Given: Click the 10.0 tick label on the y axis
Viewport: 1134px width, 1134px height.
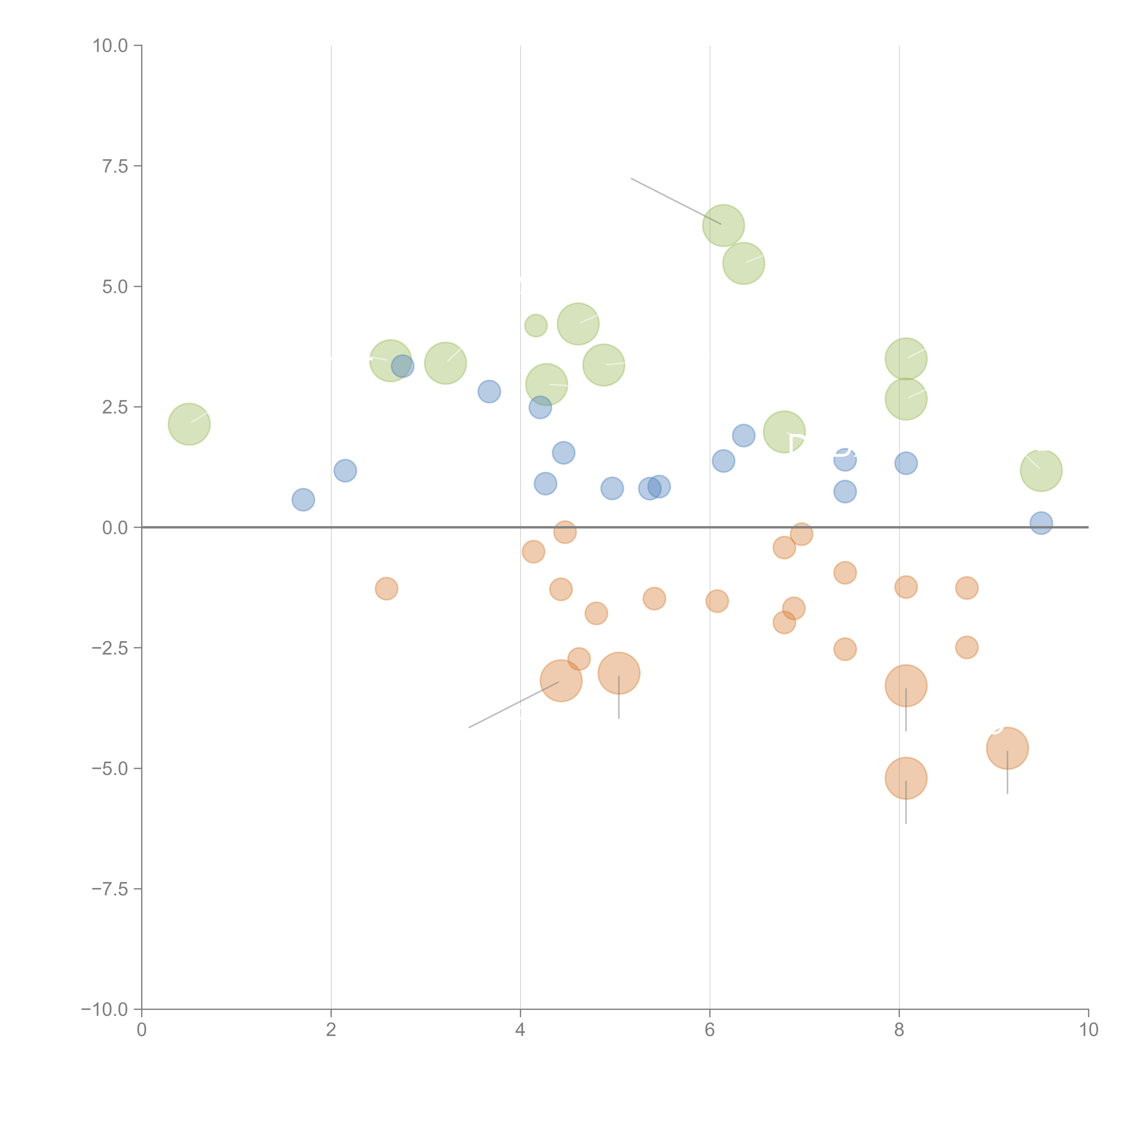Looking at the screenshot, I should pyautogui.click(x=110, y=46).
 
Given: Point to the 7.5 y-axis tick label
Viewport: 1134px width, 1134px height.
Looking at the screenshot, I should pyautogui.click(x=115, y=166).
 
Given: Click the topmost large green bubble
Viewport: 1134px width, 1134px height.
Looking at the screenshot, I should pyautogui.click(x=723, y=225).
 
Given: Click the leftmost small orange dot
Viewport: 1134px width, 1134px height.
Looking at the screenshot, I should pyautogui.click(x=386, y=588).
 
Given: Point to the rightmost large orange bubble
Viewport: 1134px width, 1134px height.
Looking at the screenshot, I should pyautogui.click(x=1007, y=748).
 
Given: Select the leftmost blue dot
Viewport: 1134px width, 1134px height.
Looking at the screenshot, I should pyautogui.click(x=303, y=499).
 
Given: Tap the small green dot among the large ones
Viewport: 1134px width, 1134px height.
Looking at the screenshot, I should pyautogui.click(x=535, y=325).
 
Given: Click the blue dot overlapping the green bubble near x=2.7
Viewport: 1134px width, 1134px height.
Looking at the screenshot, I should pyautogui.click(x=403, y=366).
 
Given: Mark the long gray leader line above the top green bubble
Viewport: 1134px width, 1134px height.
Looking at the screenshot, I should pyautogui.click(x=675, y=201).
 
